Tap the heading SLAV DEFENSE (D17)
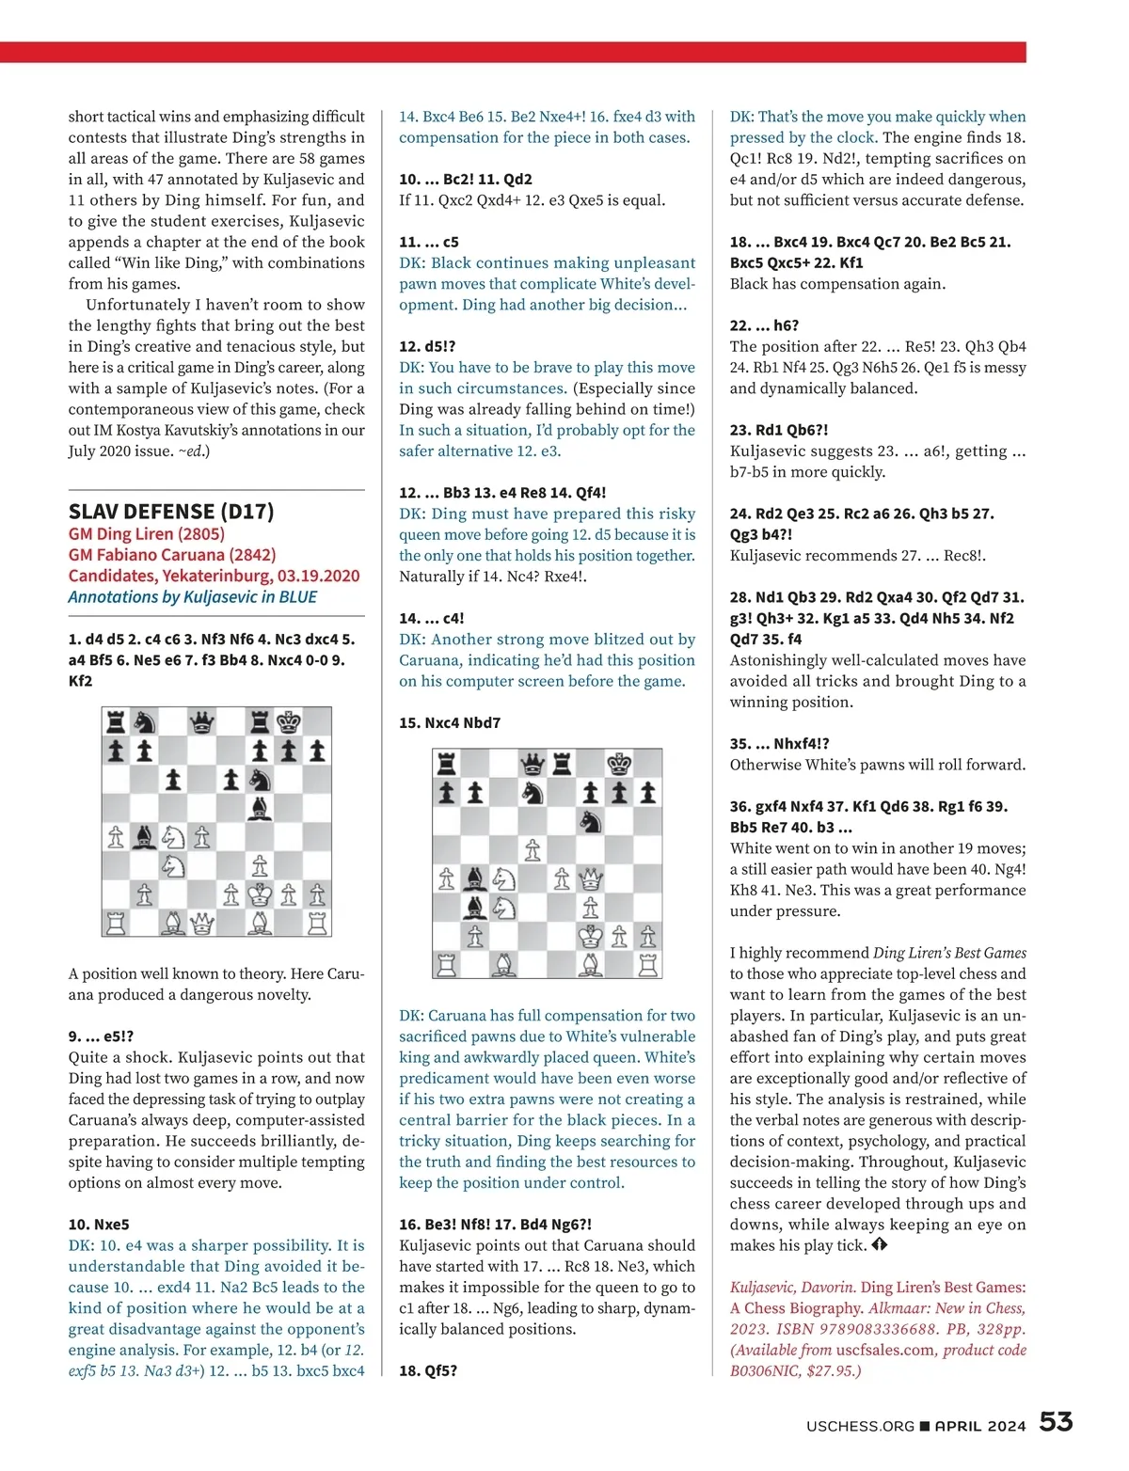[x=171, y=512]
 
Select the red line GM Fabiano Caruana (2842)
[x=172, y=555]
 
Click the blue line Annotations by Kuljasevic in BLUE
[x=193, y=597]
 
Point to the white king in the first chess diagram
[x=260, y=894]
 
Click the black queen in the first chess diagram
[x=202, y=722]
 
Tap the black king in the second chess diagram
[x=619, y=764]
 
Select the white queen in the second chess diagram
[x=590, y=879]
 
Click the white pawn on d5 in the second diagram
[x=533, y=850]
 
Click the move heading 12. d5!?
[x=427, y=346]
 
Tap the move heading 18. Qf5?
[x=428, y=1370]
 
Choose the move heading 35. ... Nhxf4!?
[x=779, y=744]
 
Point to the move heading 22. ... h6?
[x=764, y=325]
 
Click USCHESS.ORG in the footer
[x=860, y=1426]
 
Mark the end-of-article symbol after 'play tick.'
[x=879, y=1245]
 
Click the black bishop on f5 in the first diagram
[x=260, y=808]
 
